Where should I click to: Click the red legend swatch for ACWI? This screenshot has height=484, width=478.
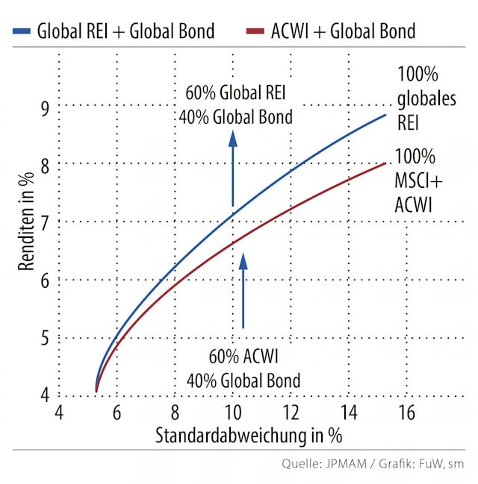255,31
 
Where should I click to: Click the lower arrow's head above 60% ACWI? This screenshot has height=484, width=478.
242,261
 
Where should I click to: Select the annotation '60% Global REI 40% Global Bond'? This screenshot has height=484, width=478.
235,105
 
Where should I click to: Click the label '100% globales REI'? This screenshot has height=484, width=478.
426,98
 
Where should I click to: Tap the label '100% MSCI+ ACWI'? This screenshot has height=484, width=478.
415,181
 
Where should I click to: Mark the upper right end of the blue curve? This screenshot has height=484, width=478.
385,115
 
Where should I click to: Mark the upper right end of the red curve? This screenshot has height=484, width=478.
385,163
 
